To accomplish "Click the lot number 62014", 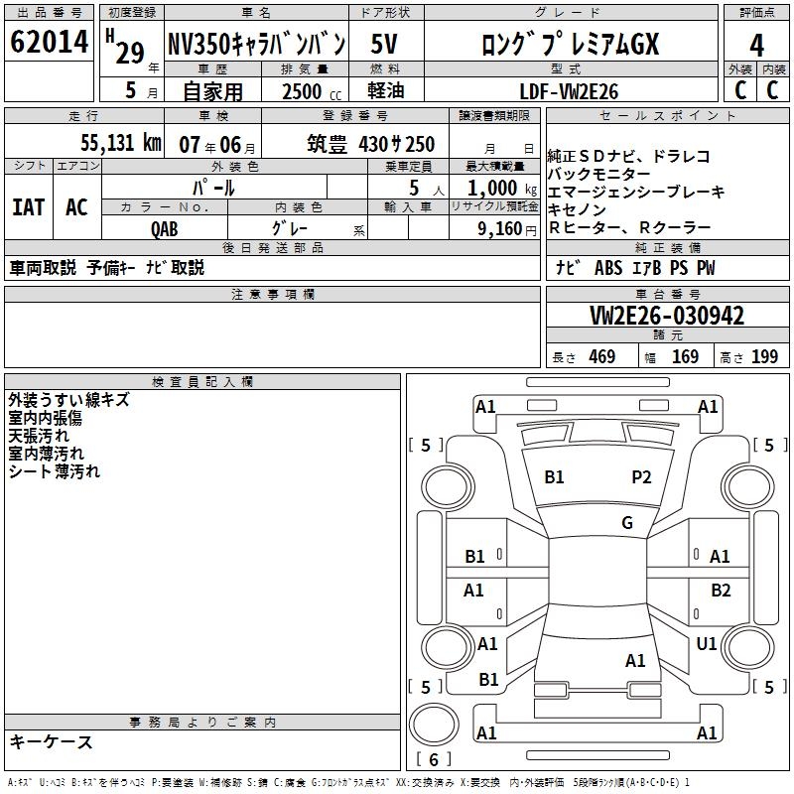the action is coord(49,42).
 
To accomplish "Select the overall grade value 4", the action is coord(756,46).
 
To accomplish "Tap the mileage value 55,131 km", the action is coord(121,143).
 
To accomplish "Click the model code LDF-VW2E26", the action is coord(569,91).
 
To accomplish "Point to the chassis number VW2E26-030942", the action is coord(667,316).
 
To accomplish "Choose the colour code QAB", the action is coord(165,229).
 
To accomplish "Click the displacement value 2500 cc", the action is coord(312,91).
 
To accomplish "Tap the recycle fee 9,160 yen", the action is coord(507,229).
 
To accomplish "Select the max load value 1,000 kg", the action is coord(502,188).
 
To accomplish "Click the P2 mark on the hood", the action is coord(641,477).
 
